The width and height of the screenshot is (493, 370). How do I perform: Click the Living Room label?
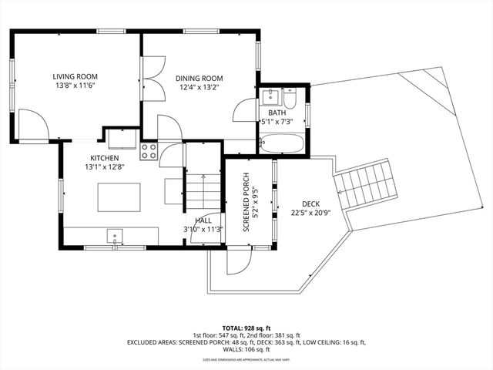coord(74,76)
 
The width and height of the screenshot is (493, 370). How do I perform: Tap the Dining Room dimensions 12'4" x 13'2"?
coord(199,88)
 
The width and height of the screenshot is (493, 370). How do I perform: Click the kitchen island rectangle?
coord(119,197)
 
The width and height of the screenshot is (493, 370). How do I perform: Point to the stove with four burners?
coord(149,151)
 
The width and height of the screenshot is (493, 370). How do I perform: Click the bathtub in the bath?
coord(280,143)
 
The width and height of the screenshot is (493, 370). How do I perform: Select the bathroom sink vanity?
coord(270,97)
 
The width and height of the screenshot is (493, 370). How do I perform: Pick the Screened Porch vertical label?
coord(246,202)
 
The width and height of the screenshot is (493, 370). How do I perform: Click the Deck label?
coord(310,203)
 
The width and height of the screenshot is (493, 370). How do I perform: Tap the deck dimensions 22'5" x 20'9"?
coord(310,213)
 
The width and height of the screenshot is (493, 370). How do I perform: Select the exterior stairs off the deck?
coord(366,183)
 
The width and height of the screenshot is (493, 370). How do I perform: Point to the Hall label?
coord(203,220)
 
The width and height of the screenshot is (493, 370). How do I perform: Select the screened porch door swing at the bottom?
coord(236,261)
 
